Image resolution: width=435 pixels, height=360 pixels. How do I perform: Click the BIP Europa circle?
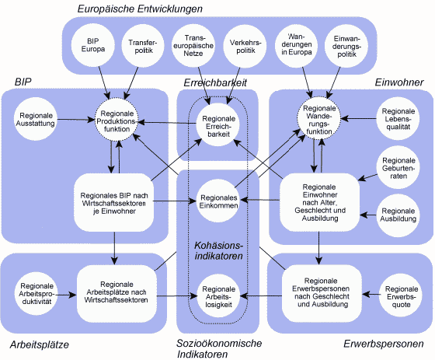click(x=93, y=45)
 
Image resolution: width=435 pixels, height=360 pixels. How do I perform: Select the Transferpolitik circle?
click(x=143, y=46)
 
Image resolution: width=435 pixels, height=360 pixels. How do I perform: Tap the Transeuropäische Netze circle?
click(x=193, y=46)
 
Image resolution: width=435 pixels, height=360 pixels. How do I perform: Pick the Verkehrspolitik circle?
click(x=245, y=46)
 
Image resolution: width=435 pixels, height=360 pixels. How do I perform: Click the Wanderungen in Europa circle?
click(x=296, y=45)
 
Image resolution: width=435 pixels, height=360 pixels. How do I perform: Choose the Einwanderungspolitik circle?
click(x=346, y=46)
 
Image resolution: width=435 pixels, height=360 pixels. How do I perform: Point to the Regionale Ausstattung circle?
click(x=36, y=120)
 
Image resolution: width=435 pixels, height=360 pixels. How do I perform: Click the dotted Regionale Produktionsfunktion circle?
click(x=117, y=121)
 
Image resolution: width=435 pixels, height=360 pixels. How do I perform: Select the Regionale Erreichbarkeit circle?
click(x=218, y=125)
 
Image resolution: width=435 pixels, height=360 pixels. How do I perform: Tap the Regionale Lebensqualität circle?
click(x=398, y=119)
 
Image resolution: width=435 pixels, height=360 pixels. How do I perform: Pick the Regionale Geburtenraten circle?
click(x=398, y=168)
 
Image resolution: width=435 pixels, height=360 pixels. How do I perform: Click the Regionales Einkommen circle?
click(x=218, y=201)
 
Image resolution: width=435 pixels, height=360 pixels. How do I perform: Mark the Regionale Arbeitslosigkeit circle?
click(x=218, y=296)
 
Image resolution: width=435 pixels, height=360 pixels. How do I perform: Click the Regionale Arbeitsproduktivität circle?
click(x=36, y=294)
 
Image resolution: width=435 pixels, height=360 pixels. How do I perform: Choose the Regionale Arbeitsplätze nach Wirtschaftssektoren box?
click(x=117, y=293)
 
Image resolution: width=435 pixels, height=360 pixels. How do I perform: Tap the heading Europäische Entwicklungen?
click(x=140, y=9)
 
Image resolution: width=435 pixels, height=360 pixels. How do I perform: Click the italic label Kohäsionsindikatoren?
click(x=218, y=250)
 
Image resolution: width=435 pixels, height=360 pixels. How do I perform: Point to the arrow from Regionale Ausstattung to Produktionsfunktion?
click(x=76, y=120)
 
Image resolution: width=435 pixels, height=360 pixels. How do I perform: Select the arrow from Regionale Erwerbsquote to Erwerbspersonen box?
click(x=371, y=294)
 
